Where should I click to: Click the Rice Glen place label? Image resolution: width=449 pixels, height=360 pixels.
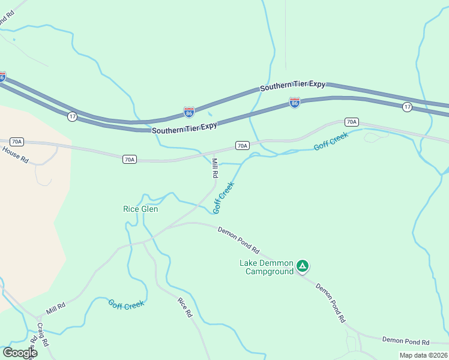140,209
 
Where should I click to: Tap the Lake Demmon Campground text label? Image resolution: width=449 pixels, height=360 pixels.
267,267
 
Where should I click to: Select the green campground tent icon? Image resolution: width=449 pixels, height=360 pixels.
303,265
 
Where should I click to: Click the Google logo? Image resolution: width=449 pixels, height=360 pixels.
19,353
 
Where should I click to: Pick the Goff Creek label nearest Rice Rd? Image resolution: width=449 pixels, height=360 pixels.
126,304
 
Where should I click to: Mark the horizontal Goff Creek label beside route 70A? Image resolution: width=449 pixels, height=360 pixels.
331,142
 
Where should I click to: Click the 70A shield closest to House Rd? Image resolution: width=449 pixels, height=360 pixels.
17,142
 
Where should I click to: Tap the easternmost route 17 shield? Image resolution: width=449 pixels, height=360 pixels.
407,107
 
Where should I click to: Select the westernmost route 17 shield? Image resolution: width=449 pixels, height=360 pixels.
72,116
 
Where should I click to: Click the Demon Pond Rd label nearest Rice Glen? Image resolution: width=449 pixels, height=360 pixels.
238,239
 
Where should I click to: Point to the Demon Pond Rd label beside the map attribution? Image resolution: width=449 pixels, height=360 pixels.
405,341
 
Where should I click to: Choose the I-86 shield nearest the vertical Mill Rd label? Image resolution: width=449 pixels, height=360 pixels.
189,112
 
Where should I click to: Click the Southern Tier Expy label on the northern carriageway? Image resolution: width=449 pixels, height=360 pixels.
292,86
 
